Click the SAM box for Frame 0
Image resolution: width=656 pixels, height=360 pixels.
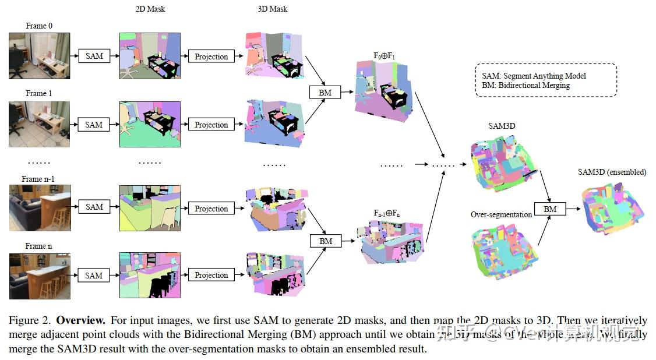point(94,56)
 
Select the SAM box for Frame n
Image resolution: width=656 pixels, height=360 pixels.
point(94,275)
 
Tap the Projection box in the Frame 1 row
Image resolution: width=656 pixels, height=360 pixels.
point(211,125)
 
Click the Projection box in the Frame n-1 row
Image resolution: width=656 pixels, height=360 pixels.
point(211,209)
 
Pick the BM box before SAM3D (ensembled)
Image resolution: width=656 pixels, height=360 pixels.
point(549,209)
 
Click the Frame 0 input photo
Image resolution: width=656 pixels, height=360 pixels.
point(40,55)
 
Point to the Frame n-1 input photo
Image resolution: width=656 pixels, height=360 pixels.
point(40,208)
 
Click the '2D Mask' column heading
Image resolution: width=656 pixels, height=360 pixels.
point(150,9)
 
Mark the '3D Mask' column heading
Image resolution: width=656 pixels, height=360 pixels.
point(273,9)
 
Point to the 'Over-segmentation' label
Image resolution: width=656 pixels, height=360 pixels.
point(501,214)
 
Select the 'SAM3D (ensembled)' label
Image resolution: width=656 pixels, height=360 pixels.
point(612,172)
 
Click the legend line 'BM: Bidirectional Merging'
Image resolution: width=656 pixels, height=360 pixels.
point(525,85)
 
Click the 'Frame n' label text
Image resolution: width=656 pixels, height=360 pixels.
point(38,246)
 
